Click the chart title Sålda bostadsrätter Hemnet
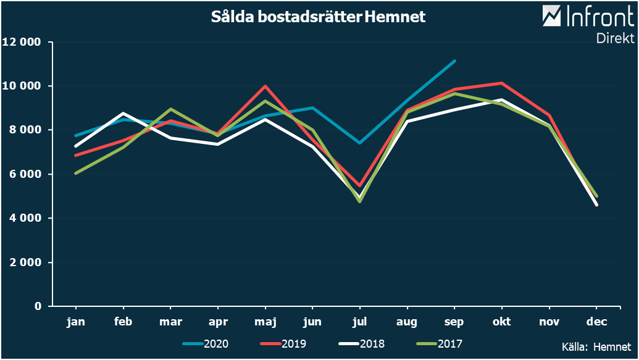tap(318, 17)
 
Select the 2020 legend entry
tap(206, 344)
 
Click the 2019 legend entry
tap(284, 344)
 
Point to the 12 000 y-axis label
tap(22, 42)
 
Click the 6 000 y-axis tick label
tap(25, 174)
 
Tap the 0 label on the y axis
tap(38, 306)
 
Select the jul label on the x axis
tap(359, 322)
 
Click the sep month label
tap(454, 322)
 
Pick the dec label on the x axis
tap(596, 322)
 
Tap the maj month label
tap(265, 322)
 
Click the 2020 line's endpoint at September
tap(454, 61)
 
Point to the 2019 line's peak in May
tap(265, 86)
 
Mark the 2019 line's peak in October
tap(502, 83)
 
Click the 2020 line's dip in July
tap(359, 143)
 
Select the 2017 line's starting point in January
tap(76, 173)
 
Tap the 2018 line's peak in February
tap(123, 114)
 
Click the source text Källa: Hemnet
tap(596, 347)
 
